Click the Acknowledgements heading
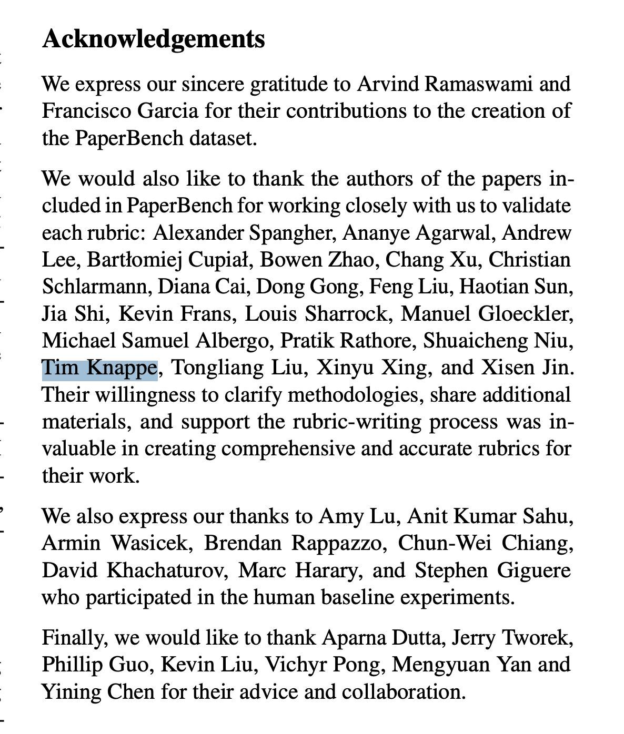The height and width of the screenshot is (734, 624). coord(153,38)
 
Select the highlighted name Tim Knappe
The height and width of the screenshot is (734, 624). coord(99,368)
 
